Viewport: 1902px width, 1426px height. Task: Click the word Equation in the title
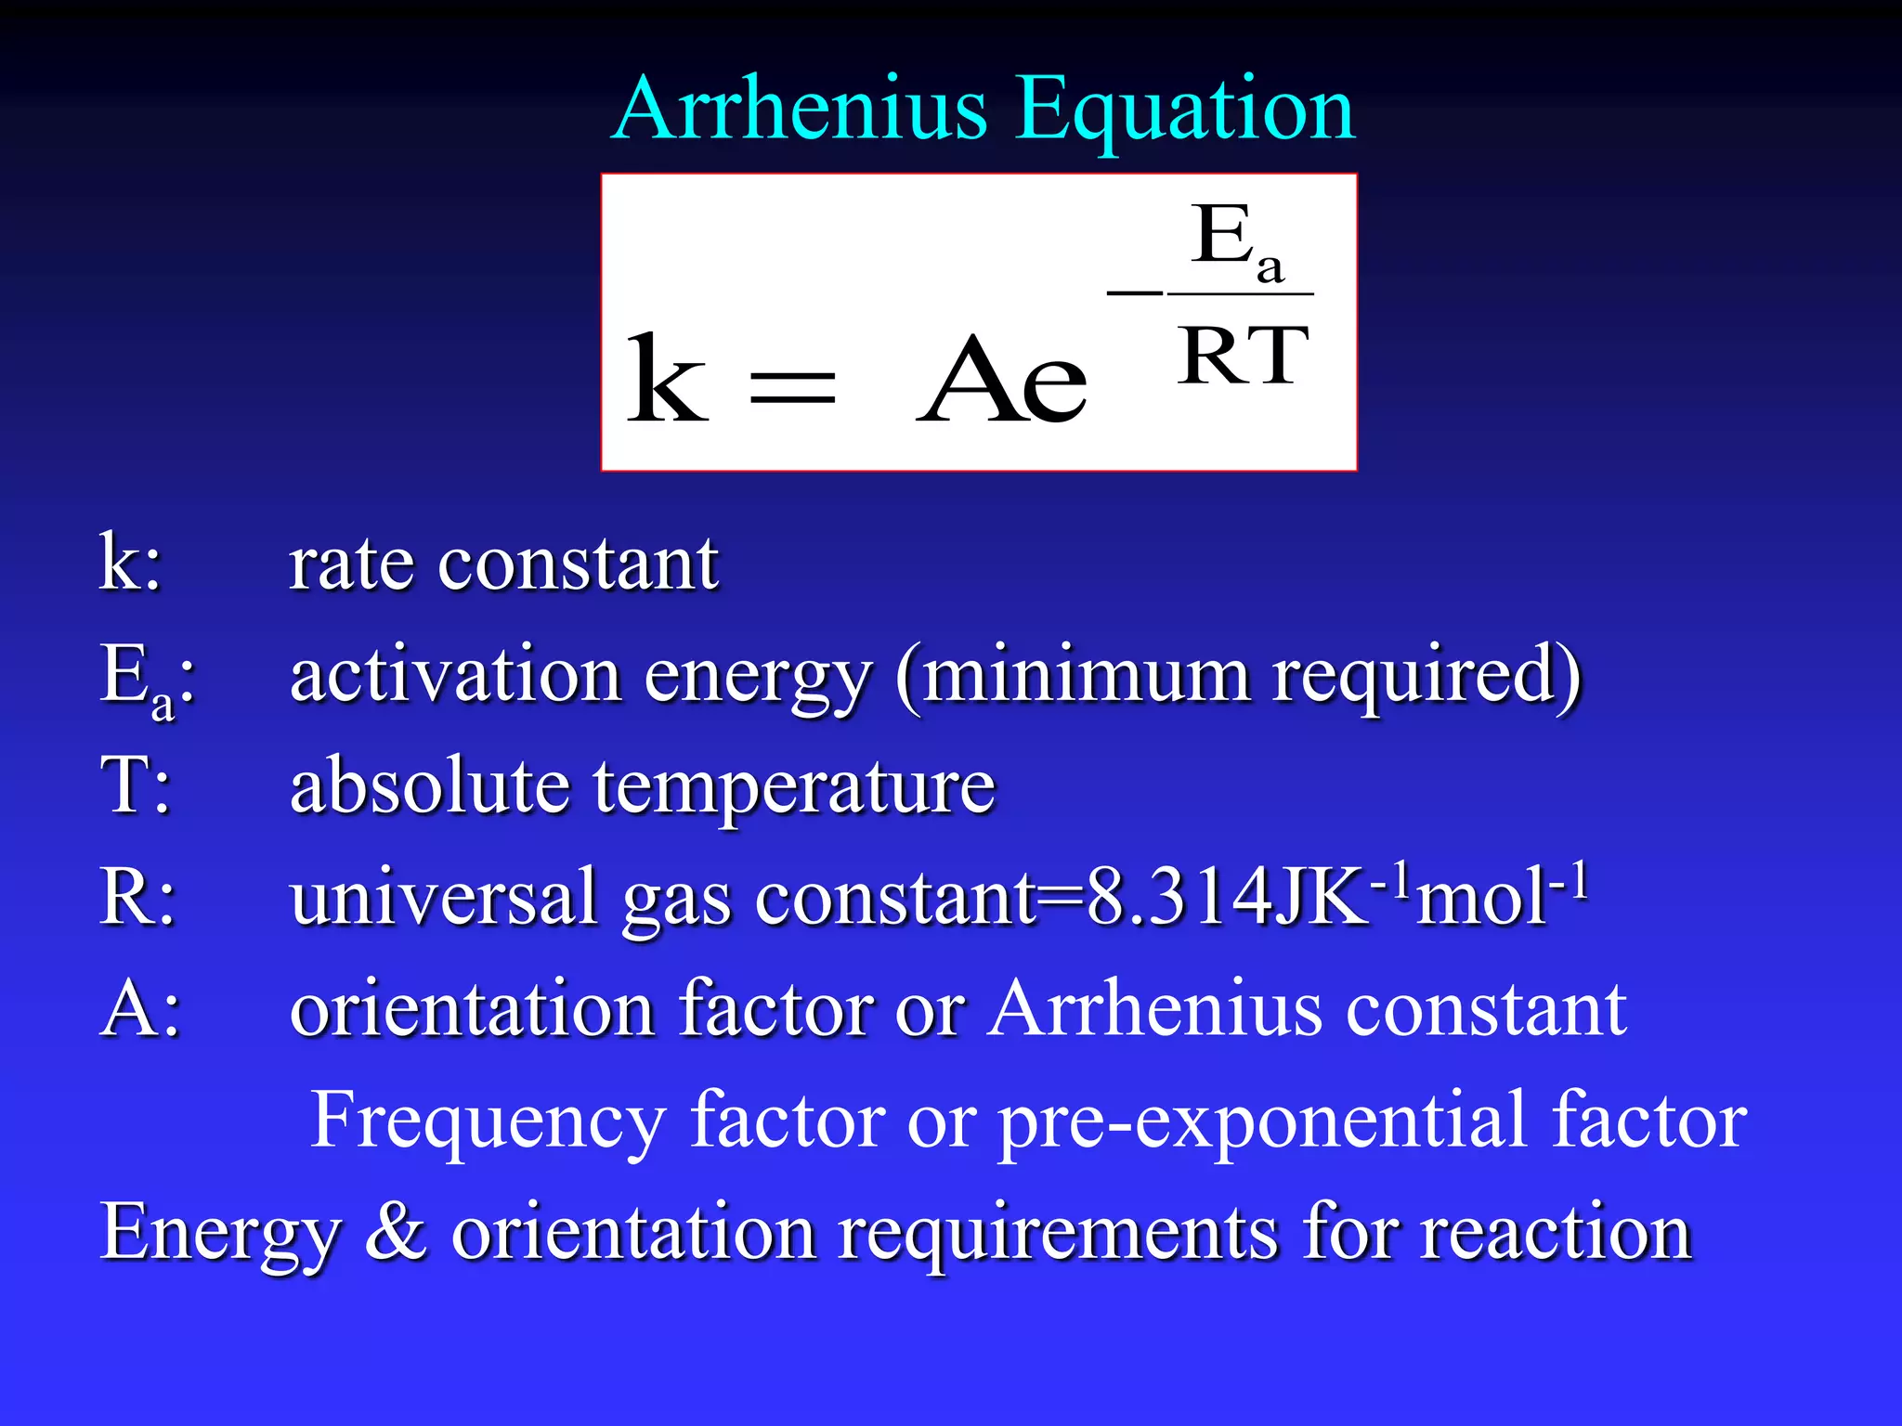click(1185, 111)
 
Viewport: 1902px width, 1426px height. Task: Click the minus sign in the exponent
click(1134, 292)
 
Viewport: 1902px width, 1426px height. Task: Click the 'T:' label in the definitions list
click(136, 785)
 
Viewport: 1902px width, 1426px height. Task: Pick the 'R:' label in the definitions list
click(137, 897)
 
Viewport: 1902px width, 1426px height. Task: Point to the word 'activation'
click(455, 674)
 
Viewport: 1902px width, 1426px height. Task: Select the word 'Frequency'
click(487, 1121)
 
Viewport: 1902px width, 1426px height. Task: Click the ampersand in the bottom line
click(396, 1231)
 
